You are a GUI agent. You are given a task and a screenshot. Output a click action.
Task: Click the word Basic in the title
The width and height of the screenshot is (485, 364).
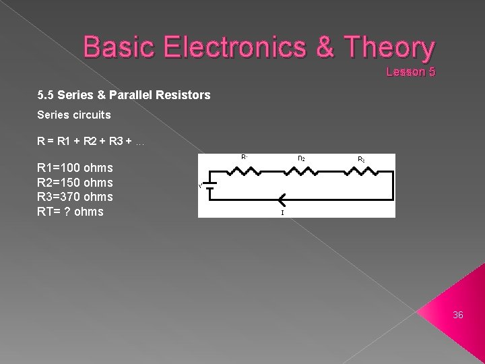click(x=121, y=48)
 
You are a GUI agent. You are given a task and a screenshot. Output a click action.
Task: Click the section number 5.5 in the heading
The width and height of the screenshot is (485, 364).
click(x=46, y=96)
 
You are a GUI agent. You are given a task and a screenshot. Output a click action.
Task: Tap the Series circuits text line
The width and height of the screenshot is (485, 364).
click(x=73, y=115)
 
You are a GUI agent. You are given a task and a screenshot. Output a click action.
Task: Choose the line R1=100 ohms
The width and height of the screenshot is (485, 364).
click(x=75, y=168)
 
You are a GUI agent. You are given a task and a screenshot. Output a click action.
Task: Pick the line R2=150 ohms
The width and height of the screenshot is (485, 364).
click(x=75, y=183)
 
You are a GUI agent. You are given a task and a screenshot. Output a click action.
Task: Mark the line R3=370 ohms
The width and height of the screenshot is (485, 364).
click(x=75, y=197)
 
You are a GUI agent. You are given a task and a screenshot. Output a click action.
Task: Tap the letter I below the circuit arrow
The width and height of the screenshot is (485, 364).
click(x=282, y=212)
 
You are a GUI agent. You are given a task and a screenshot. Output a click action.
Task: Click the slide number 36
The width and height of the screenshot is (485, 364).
click(x=458, y=315)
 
